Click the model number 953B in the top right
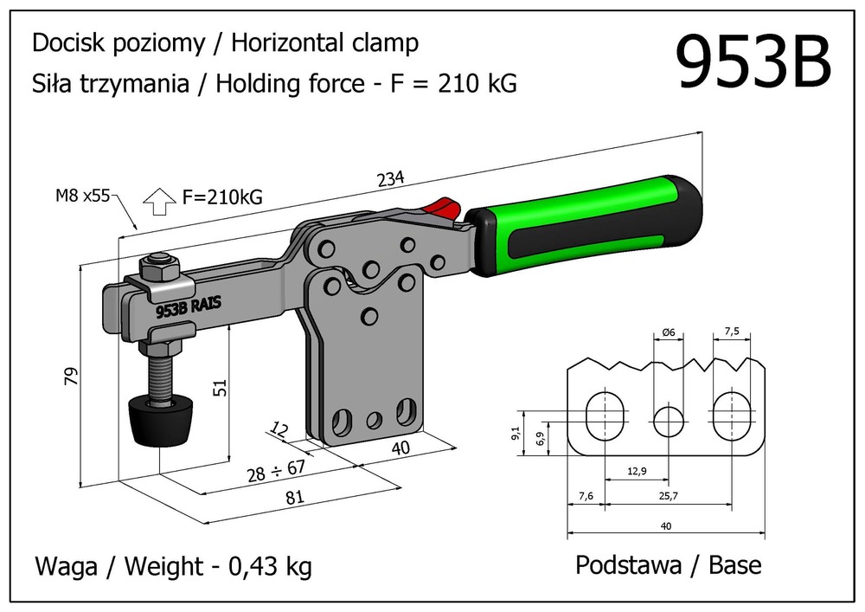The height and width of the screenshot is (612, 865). point(752,61)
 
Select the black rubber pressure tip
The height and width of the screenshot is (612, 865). point(162,421)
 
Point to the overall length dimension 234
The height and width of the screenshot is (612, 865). point(392,180)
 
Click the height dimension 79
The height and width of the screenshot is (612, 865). point(71,375)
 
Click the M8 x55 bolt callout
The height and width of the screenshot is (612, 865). point(82,196)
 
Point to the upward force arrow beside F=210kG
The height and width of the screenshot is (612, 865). point(157,201)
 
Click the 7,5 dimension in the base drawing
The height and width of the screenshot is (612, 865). point(731,332)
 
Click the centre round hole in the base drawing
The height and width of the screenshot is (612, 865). point(668,421)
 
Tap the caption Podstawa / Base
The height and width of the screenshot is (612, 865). point(669,565)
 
